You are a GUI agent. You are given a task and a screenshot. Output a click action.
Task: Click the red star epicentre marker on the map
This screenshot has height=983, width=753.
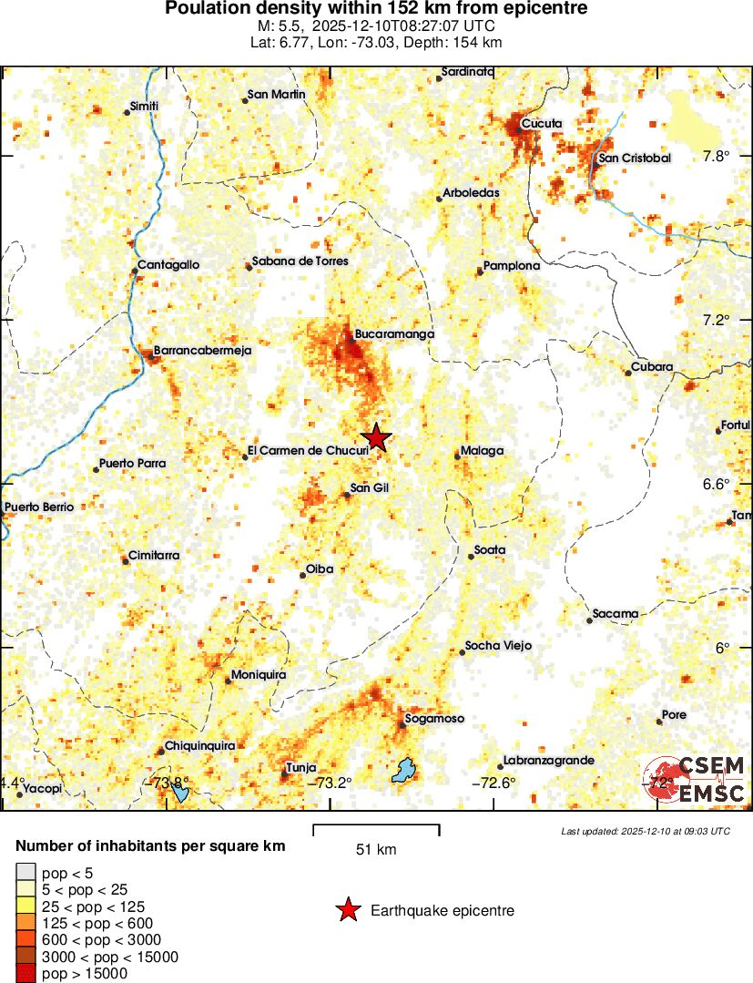376,438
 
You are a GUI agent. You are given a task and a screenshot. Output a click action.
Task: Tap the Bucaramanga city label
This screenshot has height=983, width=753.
394,334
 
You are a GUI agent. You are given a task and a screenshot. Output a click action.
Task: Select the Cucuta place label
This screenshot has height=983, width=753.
542,124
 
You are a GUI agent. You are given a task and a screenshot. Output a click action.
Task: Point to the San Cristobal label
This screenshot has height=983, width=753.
634,159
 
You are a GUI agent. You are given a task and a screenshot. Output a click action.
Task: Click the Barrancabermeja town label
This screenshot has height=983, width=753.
202,350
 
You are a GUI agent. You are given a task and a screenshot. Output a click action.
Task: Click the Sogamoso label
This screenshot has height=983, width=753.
434,719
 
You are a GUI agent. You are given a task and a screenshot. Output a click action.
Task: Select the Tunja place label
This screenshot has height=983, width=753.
300,768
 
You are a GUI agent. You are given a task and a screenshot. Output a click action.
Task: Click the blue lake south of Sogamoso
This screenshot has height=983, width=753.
402,771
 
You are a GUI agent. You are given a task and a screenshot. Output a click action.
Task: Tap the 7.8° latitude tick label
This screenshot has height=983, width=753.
717,156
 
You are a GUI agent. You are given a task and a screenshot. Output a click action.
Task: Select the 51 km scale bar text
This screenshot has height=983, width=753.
376,850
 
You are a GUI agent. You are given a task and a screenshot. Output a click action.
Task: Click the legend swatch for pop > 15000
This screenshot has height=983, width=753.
25,974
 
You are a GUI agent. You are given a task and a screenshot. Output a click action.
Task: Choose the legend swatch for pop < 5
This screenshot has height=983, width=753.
25,873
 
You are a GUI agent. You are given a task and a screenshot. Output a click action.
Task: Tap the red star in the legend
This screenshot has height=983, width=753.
347,910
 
